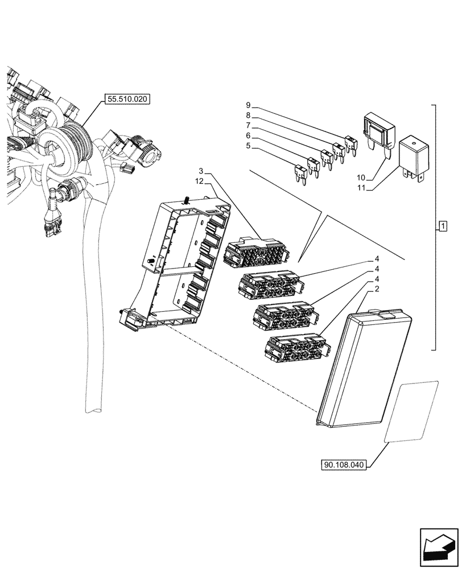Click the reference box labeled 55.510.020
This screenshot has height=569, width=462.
pyautogui.click(x=126, y=99)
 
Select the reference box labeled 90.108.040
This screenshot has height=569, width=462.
pyautogui.click(x=344, y=465)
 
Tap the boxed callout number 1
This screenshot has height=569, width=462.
pyautogui.click(x=442, y=228)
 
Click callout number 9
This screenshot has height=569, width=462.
pyautogui.click(x=248, y=105)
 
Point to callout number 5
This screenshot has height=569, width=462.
pyautogui.click(x=248, y=146)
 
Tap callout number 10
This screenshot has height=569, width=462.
pyautogui.click(x=359, y=178)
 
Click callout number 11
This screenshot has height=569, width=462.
pyautogui.click(x=359, y=188)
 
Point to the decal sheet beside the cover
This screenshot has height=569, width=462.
pyautogui.click(x=411, y=411)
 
